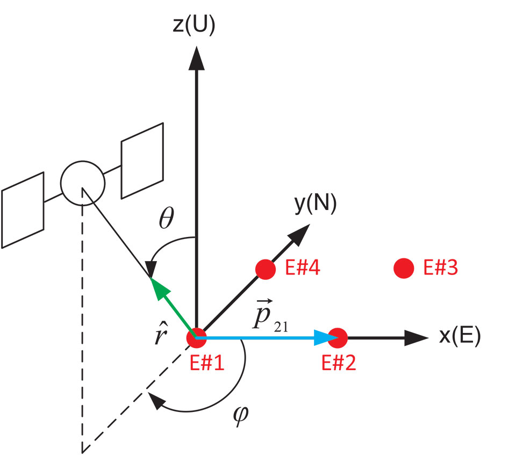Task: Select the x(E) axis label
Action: pyautogui.click(x=460, y=337)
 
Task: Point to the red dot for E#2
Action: pyautogui.click(x=338, y=338)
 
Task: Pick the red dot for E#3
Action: pyautogui.click(x=404, y=268)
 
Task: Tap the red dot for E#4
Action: pyautogui.click(x=266, y=269)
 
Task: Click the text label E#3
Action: pyautogui.click(x=440, y=268)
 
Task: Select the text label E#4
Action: pyautogui.click(x=303, y=268)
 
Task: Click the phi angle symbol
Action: pyautogui.click(x=242, y=414)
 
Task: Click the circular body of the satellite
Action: pyautogui.click(x=82, y=182)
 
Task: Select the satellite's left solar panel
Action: pyautogui.click(x=23, y=210)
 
